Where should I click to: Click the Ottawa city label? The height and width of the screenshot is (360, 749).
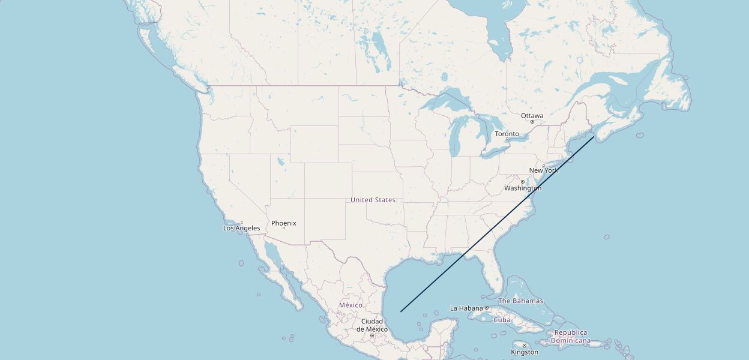pyautogui.click(x=532, y=115)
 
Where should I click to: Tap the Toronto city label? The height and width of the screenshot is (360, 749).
pyautogui.click(x=507, y=134)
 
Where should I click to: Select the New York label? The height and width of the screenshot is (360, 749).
pyautogui.click(x=543, y=170)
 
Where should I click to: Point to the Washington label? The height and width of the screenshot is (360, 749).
pyautogui.click(x=522, y=188)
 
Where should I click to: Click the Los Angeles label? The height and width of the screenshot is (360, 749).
pyautogui.click(x=241, y=228)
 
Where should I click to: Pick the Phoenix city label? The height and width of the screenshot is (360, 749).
pyautogui.click(x=283, y=223)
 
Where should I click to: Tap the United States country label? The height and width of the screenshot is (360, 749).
pyautogui.click(x=373, y=200)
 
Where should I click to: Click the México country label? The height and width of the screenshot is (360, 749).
pyautogui.click(x=350, y=305)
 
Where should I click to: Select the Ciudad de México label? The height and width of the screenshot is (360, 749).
pyautogui.click(x=372, y=325)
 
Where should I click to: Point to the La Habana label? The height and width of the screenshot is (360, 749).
pyautogui.click(x=466, y=308)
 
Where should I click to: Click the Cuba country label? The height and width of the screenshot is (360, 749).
pyautogui.click(x=502, y=320)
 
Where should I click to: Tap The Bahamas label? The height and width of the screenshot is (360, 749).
pyautogui.click(x=520, y=301)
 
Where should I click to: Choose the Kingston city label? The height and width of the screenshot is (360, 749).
pyautogui.click(x=525, y=352)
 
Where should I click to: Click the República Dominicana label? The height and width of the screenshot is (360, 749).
pyautogui.click(x=571, y=337)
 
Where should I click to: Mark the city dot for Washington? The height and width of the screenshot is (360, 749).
pyautogui.click(x=522, y=182)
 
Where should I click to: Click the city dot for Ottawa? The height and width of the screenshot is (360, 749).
pyautogui.click(x=532, y=122)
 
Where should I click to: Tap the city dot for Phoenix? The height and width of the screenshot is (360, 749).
pyautogui.click(x=283, y=228)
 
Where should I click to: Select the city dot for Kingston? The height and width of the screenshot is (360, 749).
pyautogui.click(x=525, y=346)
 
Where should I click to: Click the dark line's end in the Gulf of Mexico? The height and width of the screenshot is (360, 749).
pyautogui.click(x=401, y=311)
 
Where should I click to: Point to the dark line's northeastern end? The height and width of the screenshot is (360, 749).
pyautogui.click(x=594, y=137)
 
